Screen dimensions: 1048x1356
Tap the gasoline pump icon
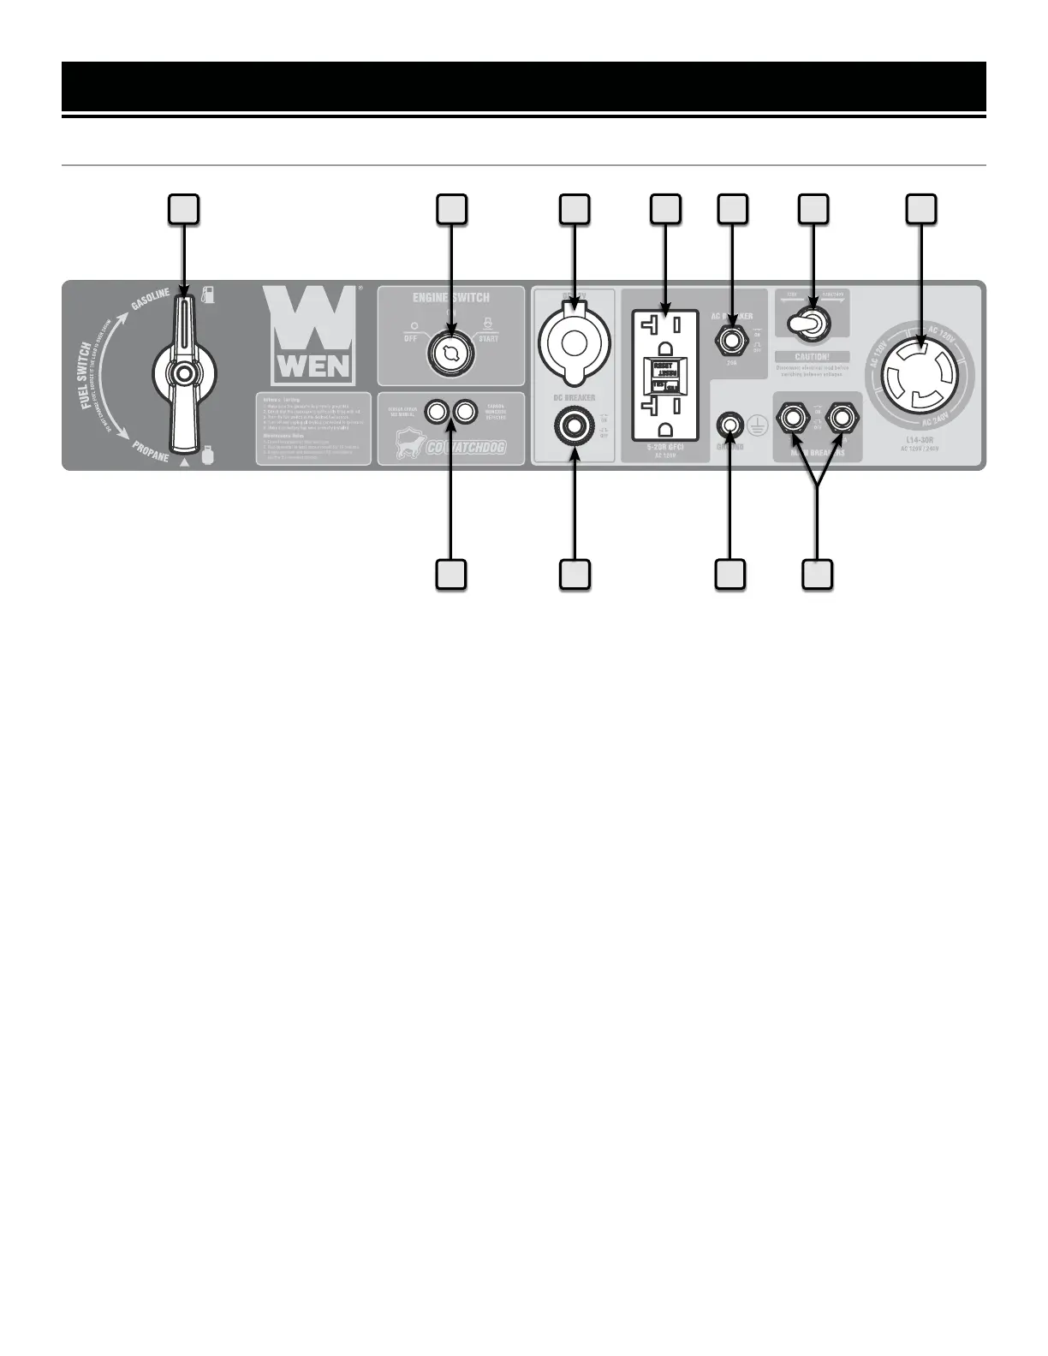(x=206, y=296)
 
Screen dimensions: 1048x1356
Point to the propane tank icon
(x=205, y=453)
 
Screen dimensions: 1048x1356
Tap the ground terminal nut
(x=730, y=423)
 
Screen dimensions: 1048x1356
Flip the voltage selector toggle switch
(x=804, y=322)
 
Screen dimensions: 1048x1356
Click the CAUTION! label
(x=811, y=355)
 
